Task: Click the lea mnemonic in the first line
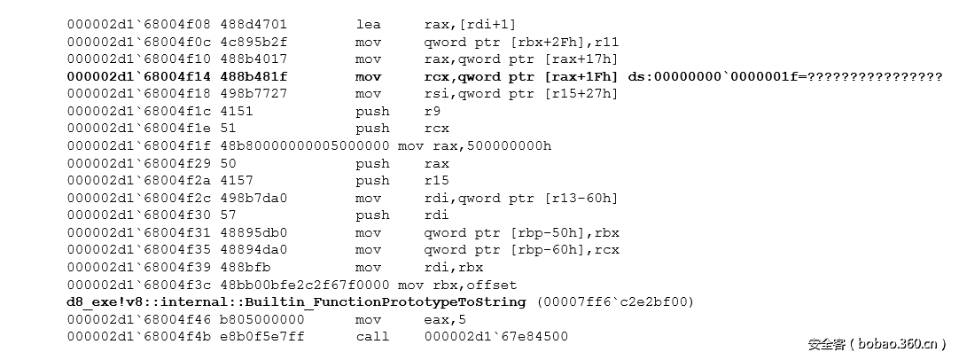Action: pos(368,25)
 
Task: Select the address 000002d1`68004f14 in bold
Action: pos(139,76)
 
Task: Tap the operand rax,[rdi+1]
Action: pos(471,25)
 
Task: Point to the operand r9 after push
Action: pos(432,112)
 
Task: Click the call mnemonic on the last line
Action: pos(372,337)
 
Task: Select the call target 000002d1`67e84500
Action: pos(496,337)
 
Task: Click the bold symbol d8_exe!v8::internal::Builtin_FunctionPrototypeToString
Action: pos(296,301)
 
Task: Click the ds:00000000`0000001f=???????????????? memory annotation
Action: pos(785,76)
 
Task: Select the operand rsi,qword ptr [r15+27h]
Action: pos(521,94)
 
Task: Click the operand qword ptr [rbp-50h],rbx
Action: pos(522,232)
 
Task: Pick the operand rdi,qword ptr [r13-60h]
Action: pos(521,199)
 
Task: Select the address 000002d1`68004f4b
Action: pos(139,337)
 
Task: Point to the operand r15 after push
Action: pos(436,181)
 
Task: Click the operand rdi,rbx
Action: pos(453,268)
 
